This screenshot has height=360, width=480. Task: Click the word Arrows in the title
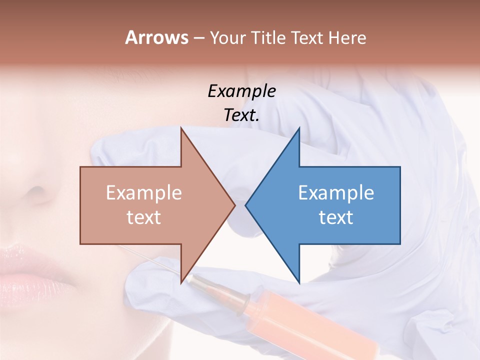click(157, 38)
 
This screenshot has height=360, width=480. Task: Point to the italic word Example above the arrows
click(241, 91)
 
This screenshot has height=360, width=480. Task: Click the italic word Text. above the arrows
click(241, 115)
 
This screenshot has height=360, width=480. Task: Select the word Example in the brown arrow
click(144, 193)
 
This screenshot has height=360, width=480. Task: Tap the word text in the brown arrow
click(144, 217)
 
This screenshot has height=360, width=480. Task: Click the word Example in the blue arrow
click(336, 193)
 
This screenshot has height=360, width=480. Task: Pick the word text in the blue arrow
click(336, 217)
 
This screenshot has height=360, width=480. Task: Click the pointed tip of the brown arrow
click(234, 205)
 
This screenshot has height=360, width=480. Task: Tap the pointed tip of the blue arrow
click(246, 205)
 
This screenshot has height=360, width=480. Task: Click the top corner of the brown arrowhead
click(181, 128)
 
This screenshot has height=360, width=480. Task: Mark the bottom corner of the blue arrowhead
click(299, 283)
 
